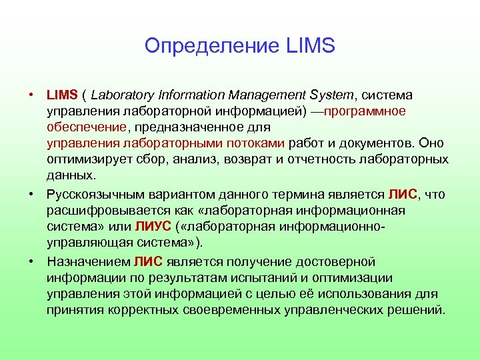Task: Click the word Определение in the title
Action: point(211,46)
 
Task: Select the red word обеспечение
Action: point(87,127)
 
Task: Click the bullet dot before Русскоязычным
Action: point(32,194)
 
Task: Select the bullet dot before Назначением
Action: point(32,261)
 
